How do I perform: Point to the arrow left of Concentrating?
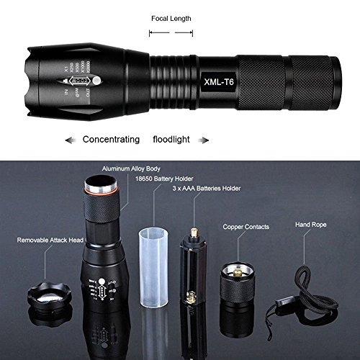71,139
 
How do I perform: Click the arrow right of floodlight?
204,139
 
